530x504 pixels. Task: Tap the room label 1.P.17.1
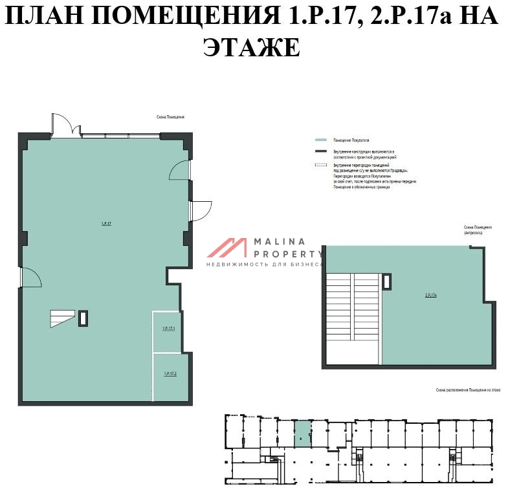pyautogui.click(x=169, y=329)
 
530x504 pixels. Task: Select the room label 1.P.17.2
pyautogui.click(x=170, y=373)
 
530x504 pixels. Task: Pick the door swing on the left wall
pyautogui.click(x=31, y=278)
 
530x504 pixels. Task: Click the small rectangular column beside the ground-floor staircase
pyautogui.click(x=83, y=318)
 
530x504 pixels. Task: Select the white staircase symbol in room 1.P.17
pyautogui.click(x=63, y=318)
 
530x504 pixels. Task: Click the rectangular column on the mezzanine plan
pyautogui.click(x=387, y=281)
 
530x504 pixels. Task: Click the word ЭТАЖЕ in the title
pyautogui.click(x=252, y=47)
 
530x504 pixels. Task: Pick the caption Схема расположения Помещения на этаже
pyautogui.click(x=469, y=391)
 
